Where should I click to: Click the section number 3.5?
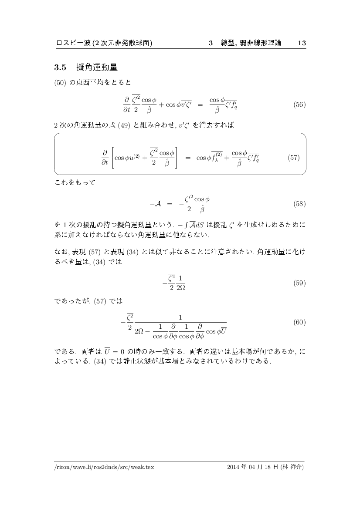[x=60, y=67]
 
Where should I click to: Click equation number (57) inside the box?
[x=294, y=158]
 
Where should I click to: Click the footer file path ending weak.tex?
[x=104, y=467]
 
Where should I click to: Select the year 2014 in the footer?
[x=234, y=467]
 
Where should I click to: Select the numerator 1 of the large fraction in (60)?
[x=180, y=317]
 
